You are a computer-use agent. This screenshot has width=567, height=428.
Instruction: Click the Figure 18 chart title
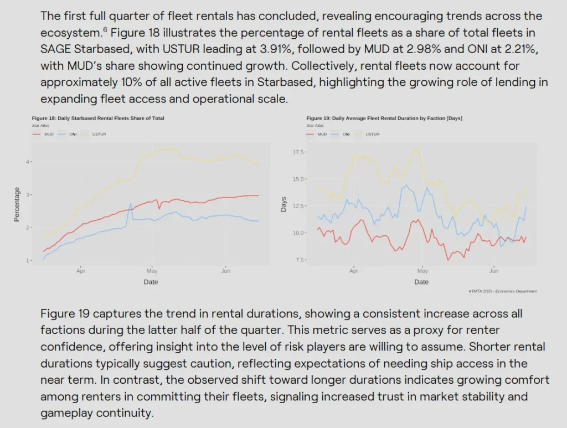pyautogui.click(x=98, y=118)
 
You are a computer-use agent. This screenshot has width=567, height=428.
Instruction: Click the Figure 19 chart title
pyautogui.click(x=384, y=118)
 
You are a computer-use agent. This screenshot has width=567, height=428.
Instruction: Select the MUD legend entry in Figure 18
pyautogui.click(x=44, y=134)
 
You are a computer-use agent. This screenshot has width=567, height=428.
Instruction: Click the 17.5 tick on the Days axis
pyautogui.click(x=300, y=151)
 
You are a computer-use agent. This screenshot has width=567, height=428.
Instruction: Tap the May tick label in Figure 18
pyautogui.click(x=152, y=271)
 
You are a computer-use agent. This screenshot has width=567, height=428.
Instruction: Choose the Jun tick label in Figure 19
pyautogui.click(x=494, y=271)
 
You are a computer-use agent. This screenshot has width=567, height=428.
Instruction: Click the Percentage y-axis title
pyautogui.click(x=17, y=204)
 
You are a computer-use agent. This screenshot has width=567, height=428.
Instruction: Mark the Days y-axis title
pyautogui.click(x=284, y=204)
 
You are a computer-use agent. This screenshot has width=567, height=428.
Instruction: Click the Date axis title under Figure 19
pyautogui.click(x=421, y=282)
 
